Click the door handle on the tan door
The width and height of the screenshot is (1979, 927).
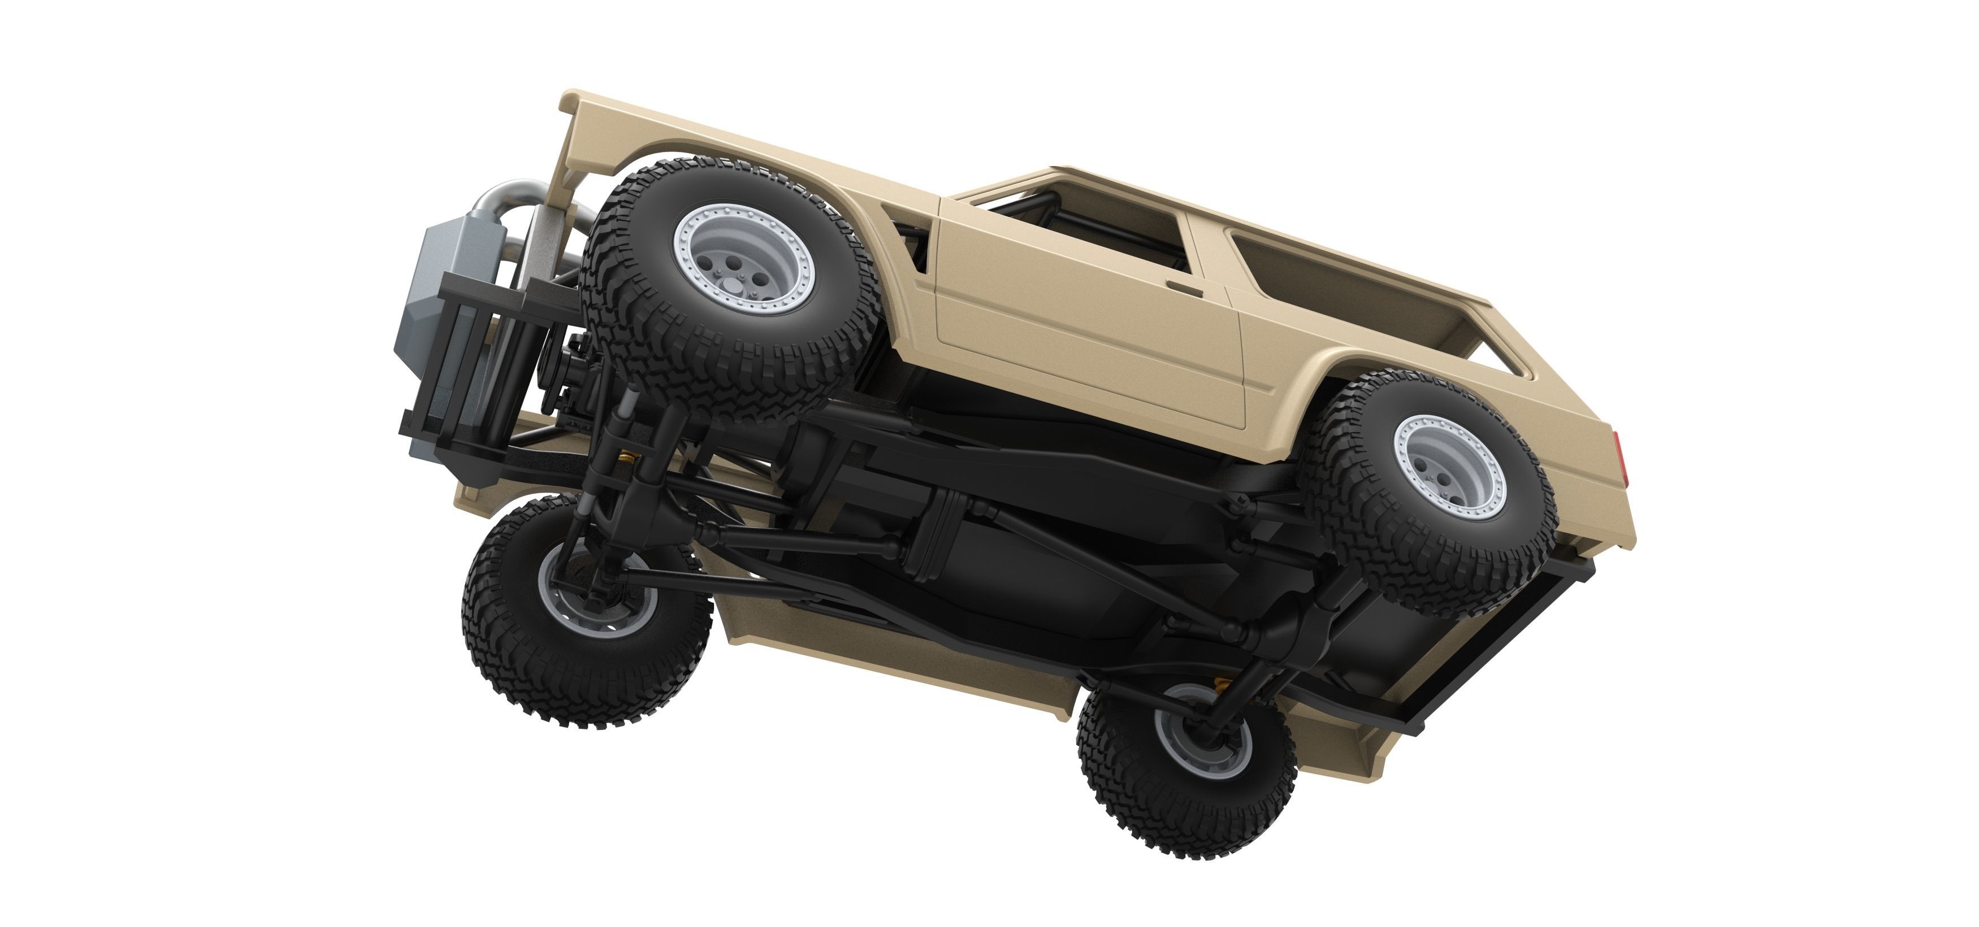1184,288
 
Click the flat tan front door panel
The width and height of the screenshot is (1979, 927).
1076,330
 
